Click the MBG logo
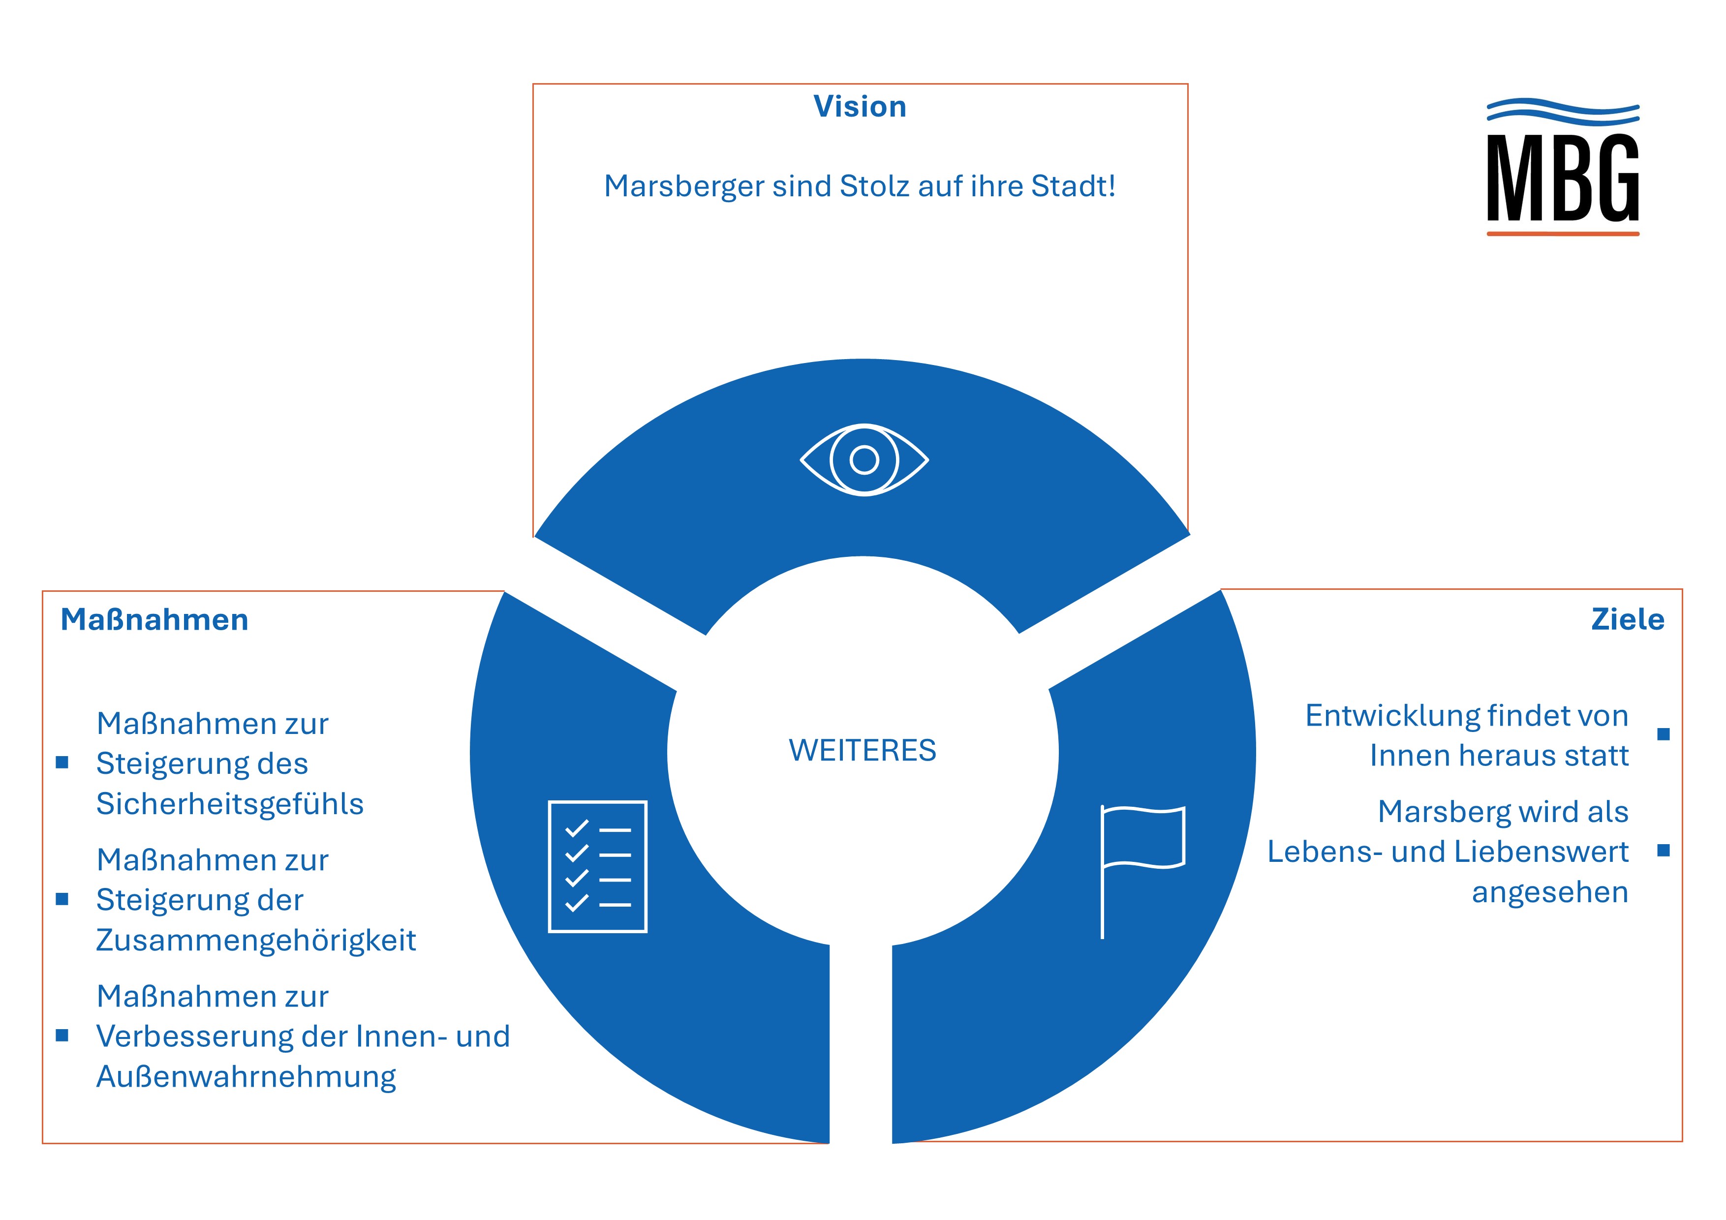1562,169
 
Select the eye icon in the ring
864,459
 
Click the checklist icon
598,867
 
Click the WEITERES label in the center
862,750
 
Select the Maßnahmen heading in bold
154,620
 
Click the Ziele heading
1628,619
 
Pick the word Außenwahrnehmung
246,1076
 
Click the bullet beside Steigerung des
62,763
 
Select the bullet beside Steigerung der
62,899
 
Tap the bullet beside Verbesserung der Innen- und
62,1036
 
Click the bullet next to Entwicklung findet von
1664,734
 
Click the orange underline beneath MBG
1562,234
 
